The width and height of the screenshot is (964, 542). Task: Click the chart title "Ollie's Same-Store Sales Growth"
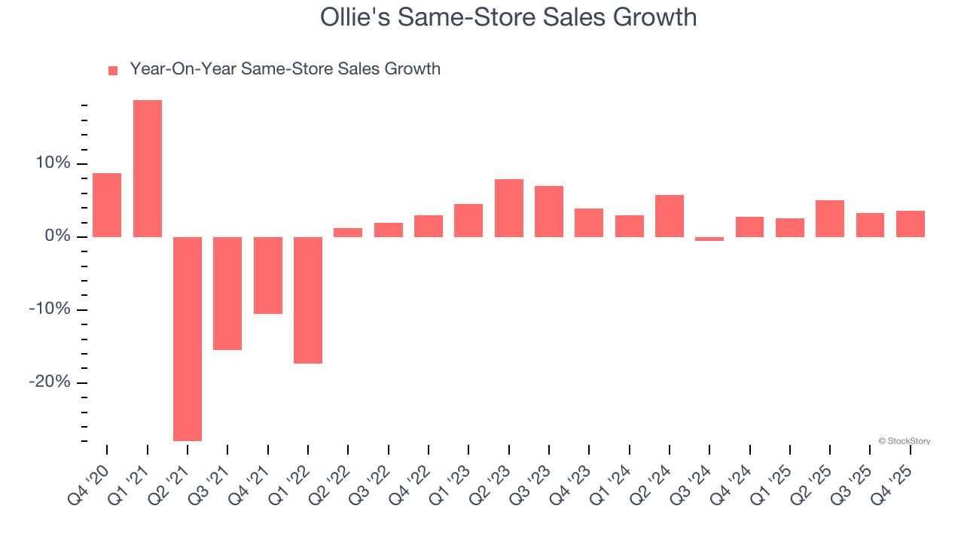pyautogui.click(x=508, y=17)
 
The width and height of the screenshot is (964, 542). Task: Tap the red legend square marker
pyautogui.click(x=113, y=70)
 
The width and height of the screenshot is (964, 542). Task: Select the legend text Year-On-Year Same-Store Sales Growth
pyautogui.click(x=285, y=69)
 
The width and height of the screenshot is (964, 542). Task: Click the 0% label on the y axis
pyautogui.click(x=57, y=236)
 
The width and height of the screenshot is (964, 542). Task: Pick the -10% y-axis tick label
pyautogui.click(x=50, y=309)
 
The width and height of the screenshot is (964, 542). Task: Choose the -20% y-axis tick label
pyautogui.click(x=50, y=382)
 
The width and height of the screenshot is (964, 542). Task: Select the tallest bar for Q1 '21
pyautogui.click(x=148, y=169)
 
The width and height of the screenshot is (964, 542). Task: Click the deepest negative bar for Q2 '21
pyautogui.click(x=188, y=339)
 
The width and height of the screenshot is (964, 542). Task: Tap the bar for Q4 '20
pyautogui.click(x=107, y=205)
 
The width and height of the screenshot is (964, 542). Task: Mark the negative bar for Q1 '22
pyautogui.click(x=308, y=300)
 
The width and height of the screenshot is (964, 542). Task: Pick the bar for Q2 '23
pyautogui.click(x=509, y=208)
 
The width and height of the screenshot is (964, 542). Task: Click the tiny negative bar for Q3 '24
pyautogui.click(x=709, y=239)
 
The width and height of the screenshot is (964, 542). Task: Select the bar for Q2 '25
pyautogui.click(x=830, y=218)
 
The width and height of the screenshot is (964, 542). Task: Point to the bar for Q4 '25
pyautogui.click(x=911, y=224)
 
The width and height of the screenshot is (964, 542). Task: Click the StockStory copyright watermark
pyautogui.click(x=904, y=441)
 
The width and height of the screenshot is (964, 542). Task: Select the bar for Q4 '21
pyautogui.click(x=268, y=275)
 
